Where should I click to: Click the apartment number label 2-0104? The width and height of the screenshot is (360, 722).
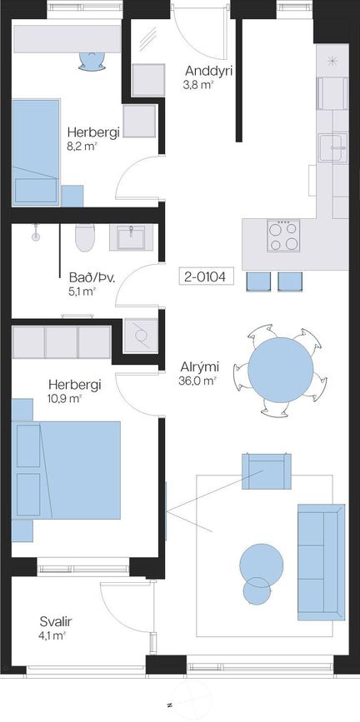[x=207, y=276]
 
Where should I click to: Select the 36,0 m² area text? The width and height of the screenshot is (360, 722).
[x=197, y=381]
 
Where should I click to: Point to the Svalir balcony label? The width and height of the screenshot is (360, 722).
[x=56, y=622]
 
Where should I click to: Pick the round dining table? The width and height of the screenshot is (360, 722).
[x=280, y=370]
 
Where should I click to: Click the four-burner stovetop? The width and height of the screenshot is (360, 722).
[x=283, y=236]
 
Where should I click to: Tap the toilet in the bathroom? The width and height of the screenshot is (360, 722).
[x=84, y=237]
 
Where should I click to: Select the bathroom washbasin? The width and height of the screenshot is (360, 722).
[x=132, y=237]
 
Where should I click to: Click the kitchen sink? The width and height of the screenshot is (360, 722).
[x=332, y=147]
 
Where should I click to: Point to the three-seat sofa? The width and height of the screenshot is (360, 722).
[x=321, y=562]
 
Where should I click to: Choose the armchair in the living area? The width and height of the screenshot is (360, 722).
[x=267, y=471]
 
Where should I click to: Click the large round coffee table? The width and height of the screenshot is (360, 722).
[x=262, y=565]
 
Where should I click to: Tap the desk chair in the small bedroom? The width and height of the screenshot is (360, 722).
[x=92, y=62]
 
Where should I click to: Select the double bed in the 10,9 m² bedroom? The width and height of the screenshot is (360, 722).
[x=66, y=471]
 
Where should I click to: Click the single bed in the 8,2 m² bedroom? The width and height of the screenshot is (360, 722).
[x=36, y=152]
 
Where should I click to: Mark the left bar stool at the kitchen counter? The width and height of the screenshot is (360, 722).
[x=258, y=281]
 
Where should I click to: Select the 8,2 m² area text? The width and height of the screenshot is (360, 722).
[x=84, y=147]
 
